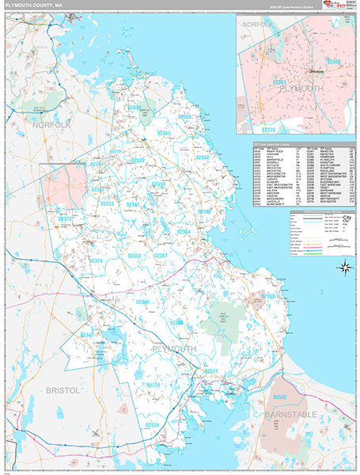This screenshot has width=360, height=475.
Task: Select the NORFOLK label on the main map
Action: point(51,124)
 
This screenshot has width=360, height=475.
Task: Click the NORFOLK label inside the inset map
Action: point(257,25)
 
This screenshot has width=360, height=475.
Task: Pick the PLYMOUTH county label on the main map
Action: point(172,348)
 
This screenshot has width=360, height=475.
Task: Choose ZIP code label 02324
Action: point(96,260)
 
